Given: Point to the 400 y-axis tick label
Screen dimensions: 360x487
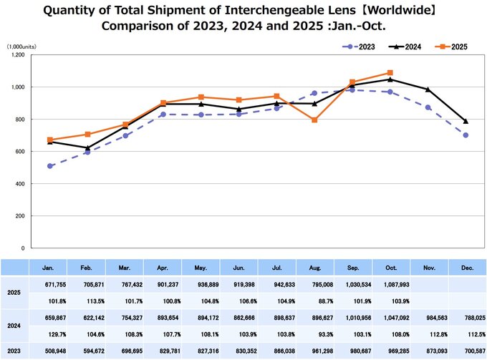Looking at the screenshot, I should click(19, 184).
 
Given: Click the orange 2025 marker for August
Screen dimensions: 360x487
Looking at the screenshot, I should click(314, 120).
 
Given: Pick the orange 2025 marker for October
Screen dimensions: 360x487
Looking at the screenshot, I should click(390, 72).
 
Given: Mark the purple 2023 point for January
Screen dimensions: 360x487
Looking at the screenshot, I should click(49, 166).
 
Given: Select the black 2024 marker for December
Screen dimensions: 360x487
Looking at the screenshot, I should click(466, 121).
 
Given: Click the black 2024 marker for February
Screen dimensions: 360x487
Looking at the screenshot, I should click(87, 147).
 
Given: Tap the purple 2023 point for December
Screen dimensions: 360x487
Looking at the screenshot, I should click(466, 135).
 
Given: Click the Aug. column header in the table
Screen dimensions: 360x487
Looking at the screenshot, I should click(314, 268).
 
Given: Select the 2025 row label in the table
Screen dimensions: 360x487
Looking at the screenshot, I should click(14, 292).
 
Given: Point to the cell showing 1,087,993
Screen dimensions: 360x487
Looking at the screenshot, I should click(390, 284).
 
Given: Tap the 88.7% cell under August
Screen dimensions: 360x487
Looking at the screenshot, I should click(314, 300).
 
